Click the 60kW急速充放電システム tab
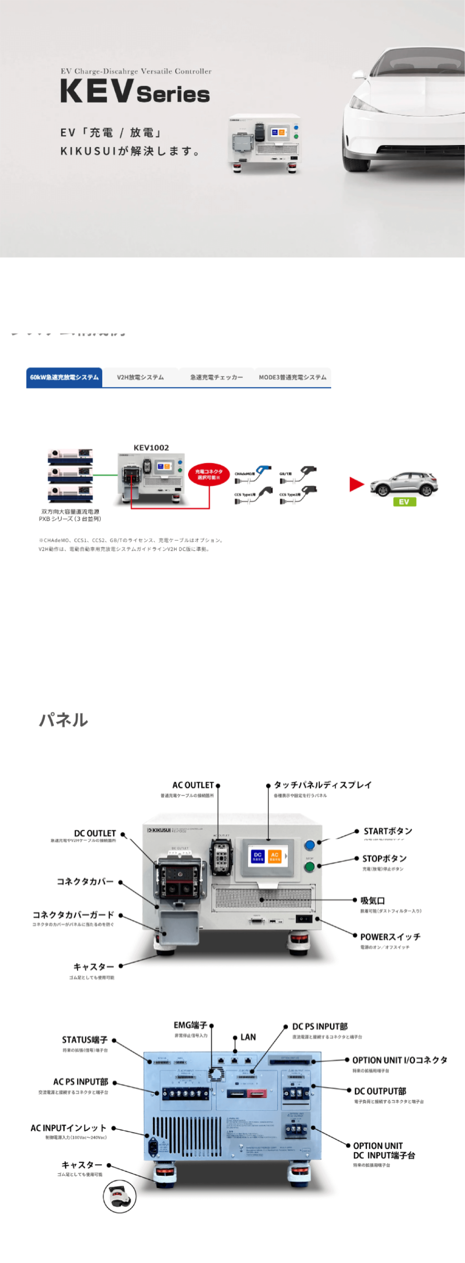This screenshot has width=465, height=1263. click(x=64, y=377)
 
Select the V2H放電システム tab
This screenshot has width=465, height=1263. click(x=140, y=377)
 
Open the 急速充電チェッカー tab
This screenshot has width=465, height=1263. click(x=216, y=377)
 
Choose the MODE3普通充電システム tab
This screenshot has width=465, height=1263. click(x=292, y=377)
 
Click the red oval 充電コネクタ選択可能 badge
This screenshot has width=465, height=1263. click(x=209, y=474)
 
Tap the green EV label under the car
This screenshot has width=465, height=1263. click(x=404, y=502)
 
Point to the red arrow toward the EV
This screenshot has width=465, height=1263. click(x=356, y=484)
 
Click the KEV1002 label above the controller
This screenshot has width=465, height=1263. click(x=151, y=447)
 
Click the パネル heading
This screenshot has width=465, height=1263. click(x=64, y=720)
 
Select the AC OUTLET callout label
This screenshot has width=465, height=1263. click(x=193, y=785)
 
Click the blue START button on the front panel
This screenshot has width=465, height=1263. click(x=310, y=845)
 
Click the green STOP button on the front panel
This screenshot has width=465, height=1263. click(x=310, y=867)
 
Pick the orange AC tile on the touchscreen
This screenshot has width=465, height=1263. click(x=274, y=856)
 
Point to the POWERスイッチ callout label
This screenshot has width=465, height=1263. click(x=390, y=937)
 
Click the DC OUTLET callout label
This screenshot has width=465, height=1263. click(x=95, y=833)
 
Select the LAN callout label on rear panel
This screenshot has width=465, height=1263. click(x=248, y=1037)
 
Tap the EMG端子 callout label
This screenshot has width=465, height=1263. click(x=191, y=1025)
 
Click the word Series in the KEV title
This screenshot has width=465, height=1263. click(x=173, y=94)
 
